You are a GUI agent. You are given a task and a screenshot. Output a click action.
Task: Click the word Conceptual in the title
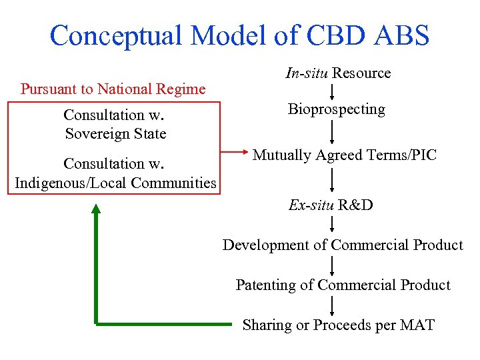(x=117, y=35)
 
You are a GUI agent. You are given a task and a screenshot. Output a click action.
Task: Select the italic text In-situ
(x=307, y=73)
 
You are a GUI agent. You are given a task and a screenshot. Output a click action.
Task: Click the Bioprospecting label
(x=336, y=109)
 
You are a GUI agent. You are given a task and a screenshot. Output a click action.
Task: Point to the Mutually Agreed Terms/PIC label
(x=344, y=155)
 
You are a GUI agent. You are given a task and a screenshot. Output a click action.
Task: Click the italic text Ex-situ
(x=311, y=205)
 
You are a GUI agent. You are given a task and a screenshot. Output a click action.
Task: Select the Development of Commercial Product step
(x=343, y=245)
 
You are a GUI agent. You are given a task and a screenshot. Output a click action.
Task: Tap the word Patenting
(x=265, y=285)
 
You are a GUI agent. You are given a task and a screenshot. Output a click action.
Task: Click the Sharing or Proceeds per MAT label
(x=338, y=325)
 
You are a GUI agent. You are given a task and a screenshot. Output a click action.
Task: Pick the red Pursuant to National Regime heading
(x=113, y=89)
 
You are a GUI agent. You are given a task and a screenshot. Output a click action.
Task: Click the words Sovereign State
(x=115, y=133)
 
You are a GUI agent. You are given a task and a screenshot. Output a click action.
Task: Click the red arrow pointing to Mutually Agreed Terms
(x=233, y=153)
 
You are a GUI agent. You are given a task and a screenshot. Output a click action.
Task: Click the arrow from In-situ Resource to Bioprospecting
(x=332, y=91)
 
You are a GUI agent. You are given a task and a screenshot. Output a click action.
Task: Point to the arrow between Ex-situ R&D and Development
(x=332, y=224)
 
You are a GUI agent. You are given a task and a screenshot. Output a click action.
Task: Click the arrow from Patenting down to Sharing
(x=332, y=305)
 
